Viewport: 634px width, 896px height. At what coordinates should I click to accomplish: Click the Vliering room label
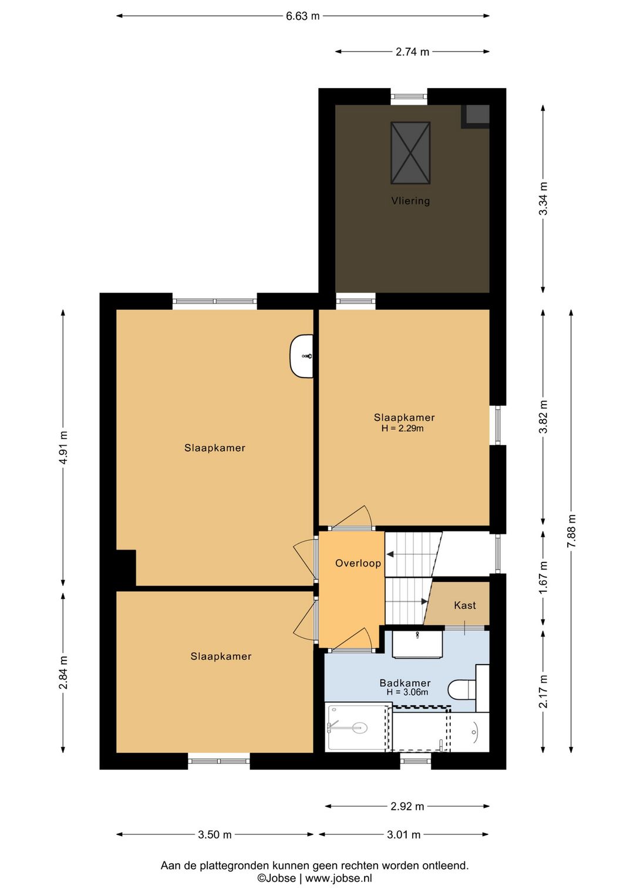coord(410,200)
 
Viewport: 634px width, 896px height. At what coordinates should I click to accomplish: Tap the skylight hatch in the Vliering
coord(410,153)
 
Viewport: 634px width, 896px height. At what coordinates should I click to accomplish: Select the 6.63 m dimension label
coord(303,16)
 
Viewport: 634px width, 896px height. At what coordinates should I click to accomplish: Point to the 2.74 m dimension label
coord(413,52)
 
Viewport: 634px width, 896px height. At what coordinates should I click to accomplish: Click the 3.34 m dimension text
coord(543,198)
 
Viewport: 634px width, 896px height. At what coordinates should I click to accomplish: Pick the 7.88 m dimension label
coord(571,531)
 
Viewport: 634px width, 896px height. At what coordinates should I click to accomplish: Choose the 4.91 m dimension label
coord(63,447)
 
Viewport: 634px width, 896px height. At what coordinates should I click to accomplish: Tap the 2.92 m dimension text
coord(407,806)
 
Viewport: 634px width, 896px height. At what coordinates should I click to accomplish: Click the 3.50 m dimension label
coord(215,834)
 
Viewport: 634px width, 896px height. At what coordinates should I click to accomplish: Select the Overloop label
coord(358,563)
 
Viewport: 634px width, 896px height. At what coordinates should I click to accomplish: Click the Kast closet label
coord(465,605)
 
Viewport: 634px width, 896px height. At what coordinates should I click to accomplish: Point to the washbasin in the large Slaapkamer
coord(301,356)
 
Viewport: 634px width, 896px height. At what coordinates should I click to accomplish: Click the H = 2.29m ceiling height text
coord(402,429)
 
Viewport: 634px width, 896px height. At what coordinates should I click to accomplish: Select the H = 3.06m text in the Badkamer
coord(407,692)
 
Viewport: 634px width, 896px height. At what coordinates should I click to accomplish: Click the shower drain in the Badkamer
coord(360,727)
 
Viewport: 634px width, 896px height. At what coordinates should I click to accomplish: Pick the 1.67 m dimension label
coord(543,578)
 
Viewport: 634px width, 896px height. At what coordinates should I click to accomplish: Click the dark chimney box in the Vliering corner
coord(476,116)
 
